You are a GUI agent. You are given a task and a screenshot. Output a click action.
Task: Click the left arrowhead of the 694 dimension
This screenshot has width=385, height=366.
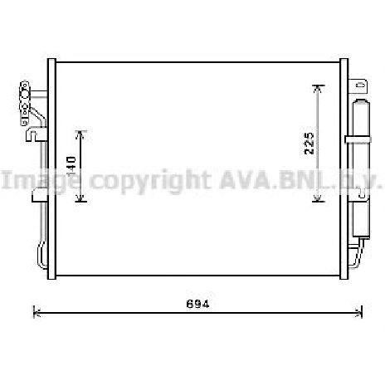coord(36,312)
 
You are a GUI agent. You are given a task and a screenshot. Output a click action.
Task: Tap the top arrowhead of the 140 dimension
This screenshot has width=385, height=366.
coord(80,133)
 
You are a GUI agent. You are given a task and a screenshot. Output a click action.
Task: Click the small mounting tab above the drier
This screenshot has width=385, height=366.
coord(360,84)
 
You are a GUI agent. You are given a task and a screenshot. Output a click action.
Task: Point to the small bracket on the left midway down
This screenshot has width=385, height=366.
coord(38,197)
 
